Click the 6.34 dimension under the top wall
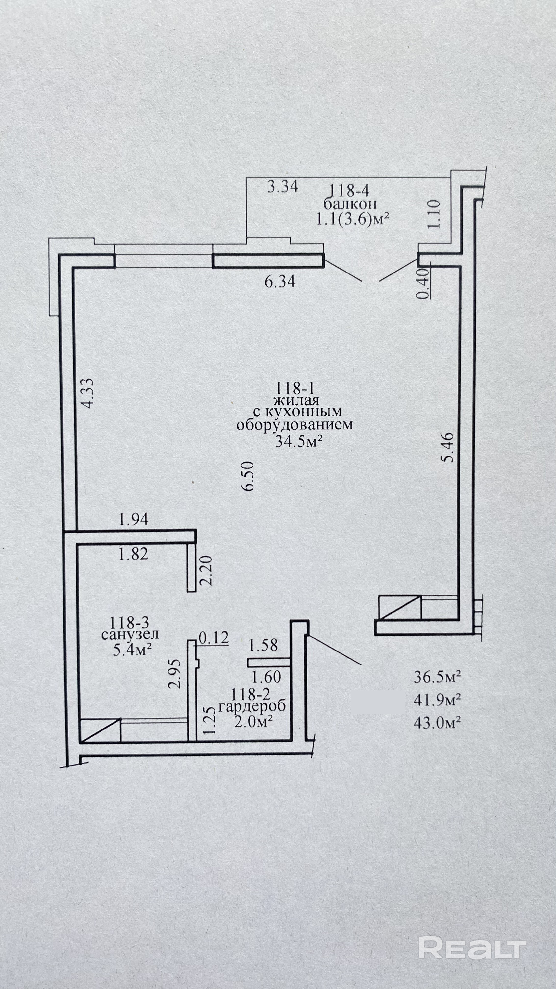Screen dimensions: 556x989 pyautogui.click(x=280, y=282)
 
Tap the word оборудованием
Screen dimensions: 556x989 pyautogui.click(x=294, y=425)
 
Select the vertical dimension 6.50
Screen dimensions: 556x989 pyautogui.click(x=249, y=476)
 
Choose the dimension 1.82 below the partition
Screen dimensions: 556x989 pyautogui.click(x=133, y=554)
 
